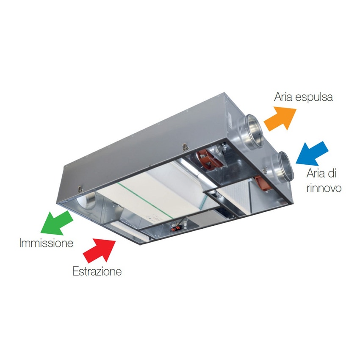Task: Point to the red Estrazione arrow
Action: [100, 250]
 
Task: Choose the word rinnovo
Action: [324, 188]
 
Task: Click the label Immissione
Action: [46, 244]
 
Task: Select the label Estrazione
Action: [97, 271]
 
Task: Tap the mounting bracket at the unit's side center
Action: [185, 147]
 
